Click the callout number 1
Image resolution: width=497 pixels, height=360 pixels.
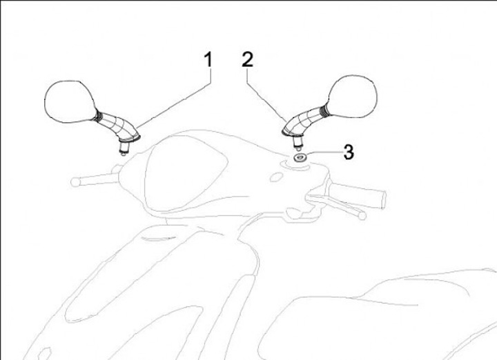(208, 60)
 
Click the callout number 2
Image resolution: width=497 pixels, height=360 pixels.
(248, 59)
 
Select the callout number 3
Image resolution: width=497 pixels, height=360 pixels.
(349, 152)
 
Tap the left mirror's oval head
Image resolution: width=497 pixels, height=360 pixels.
(70, 101)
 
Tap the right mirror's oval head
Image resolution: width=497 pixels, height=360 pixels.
(353, 96)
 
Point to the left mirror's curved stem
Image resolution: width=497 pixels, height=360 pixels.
(118, 126)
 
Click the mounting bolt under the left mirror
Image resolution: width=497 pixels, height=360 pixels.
(124, 148)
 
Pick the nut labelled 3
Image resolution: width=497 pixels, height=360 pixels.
(299, 157)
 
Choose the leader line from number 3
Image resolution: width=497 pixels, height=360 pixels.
(323, 153)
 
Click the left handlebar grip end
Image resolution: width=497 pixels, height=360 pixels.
(75, 182)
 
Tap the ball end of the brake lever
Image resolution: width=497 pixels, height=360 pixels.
(362, 216)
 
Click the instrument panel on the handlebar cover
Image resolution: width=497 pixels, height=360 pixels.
(186, 175)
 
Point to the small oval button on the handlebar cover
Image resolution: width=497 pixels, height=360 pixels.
(276, 177)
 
